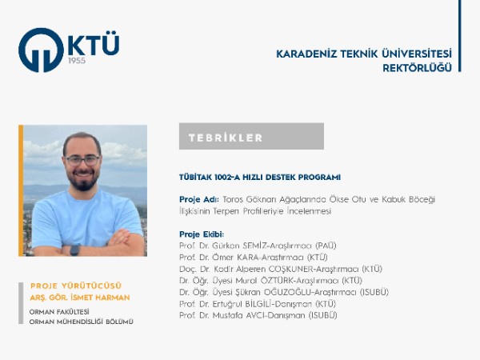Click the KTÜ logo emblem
point(42,50)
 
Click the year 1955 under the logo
point(78,61)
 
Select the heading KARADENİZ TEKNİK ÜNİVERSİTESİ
point(363,54)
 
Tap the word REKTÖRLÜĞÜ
point(417,67)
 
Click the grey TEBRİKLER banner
point(251,137)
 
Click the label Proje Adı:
point(198,198)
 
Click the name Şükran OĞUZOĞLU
point(270,292)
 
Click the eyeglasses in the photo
point(83,160)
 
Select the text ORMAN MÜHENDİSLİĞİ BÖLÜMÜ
point(81,321)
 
